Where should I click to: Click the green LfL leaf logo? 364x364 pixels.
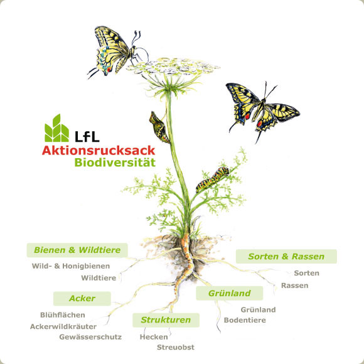coord(56,128)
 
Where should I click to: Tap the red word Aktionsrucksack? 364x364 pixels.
coord(99,151)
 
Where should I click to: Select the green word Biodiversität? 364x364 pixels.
coord(115,163)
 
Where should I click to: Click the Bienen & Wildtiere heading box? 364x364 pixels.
coord(77,250)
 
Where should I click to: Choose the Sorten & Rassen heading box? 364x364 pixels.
coord(286,256)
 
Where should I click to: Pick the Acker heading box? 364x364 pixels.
coord(82,299)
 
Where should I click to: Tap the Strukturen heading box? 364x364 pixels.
coord(166,320)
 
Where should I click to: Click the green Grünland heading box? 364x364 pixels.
coord(229,293)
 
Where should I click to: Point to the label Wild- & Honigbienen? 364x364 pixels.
coord(71,266)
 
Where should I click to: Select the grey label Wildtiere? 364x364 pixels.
coord(99,278)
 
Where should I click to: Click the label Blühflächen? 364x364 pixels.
coord(63,315)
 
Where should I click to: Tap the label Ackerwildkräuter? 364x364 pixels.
coord(63,326)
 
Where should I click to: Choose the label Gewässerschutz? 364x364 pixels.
coord(90,337)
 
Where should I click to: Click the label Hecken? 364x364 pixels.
coord(154,337)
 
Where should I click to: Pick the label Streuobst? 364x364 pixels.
coord(176,347)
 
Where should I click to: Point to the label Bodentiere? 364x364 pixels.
coord(245,320)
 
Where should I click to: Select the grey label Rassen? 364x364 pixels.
coord(294,286)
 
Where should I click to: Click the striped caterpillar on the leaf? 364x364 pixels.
coord(213,179)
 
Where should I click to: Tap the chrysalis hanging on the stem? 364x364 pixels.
coord(159,127)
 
